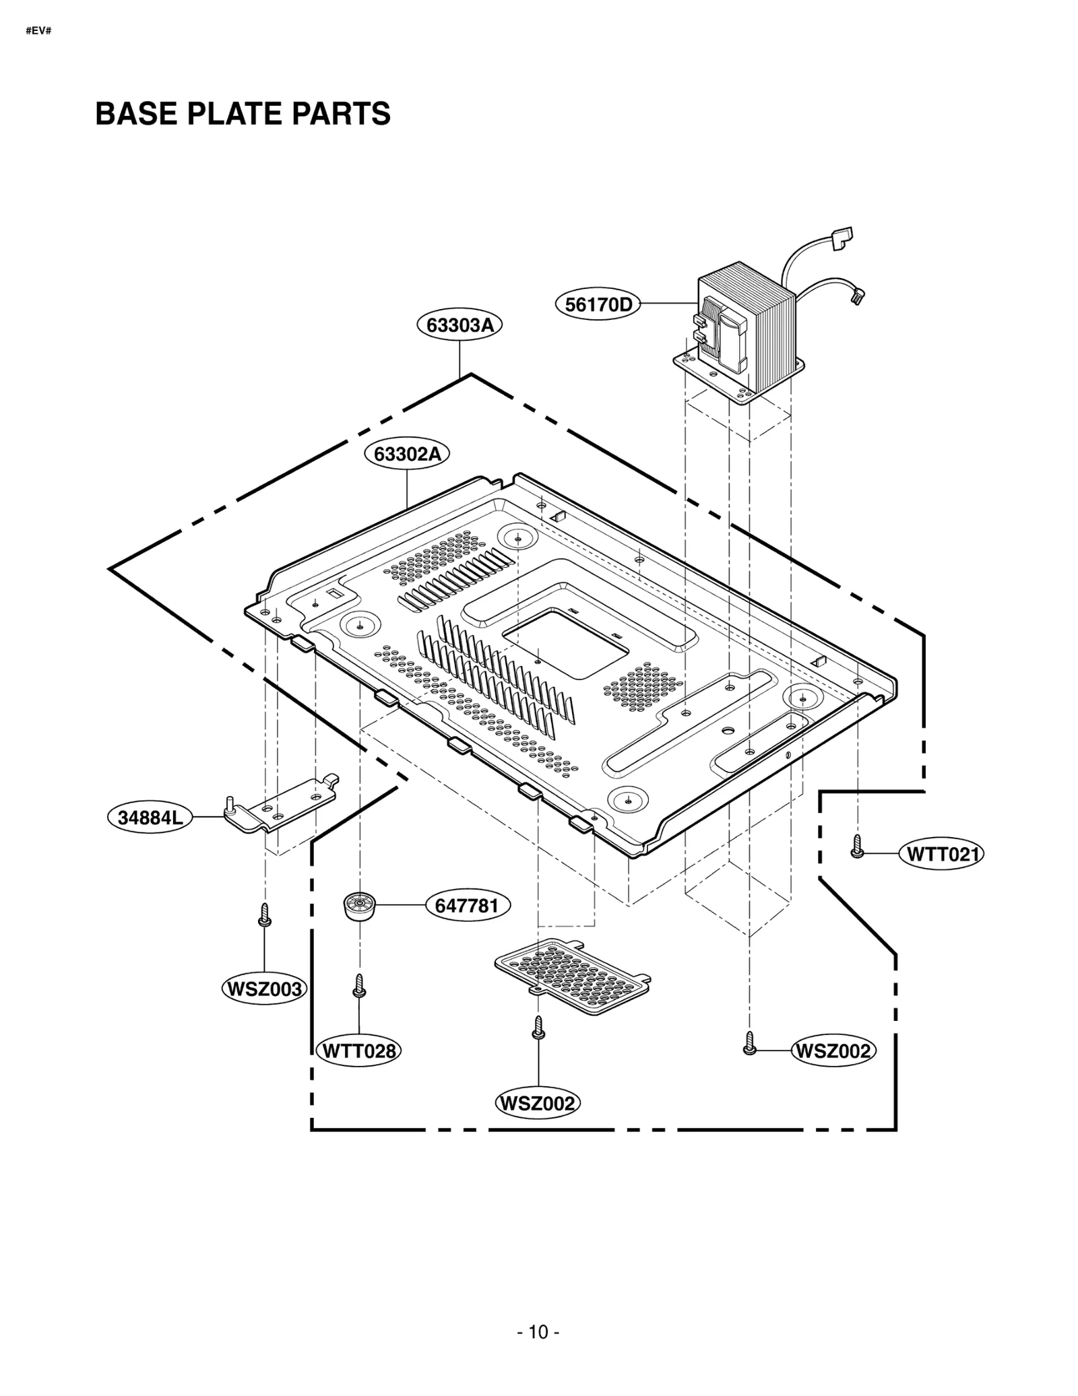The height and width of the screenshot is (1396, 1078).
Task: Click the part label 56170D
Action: tap(598, 305)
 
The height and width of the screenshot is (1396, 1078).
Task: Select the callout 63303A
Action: tap(459, 325)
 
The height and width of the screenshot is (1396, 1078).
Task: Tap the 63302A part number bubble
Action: tap(407, 454)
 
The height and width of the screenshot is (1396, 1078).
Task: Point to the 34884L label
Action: tap(150, 818)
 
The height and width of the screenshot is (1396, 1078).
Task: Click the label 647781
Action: tap(467, 906)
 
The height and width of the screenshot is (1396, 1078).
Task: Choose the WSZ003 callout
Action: tap(265, 989)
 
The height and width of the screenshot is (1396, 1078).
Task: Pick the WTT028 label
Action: tap(358, 1051)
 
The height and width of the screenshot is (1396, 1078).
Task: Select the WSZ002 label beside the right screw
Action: tap(833, 1051)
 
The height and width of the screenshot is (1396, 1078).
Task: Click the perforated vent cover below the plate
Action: tap(572, 976)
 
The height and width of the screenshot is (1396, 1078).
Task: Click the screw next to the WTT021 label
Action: tap(857, 846)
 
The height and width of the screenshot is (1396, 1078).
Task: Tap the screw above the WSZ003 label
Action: tap(265, 915)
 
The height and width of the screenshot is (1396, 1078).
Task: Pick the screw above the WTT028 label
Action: tap(359, 986)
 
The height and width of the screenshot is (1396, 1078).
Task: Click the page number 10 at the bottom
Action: tap(538, 1332)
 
